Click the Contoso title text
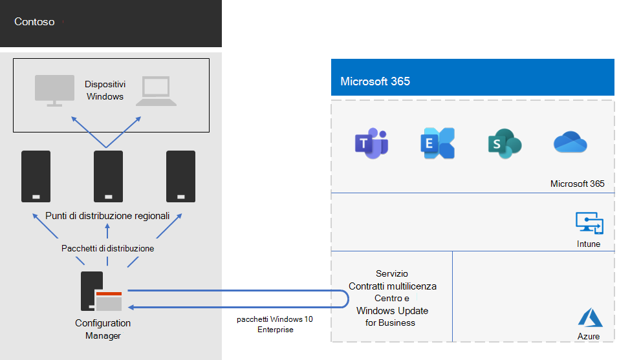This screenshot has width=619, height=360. click(x=34, y=22)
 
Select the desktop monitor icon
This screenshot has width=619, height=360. click(x=54, y=89)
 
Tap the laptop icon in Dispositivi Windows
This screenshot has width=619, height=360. click(x=155, y=90)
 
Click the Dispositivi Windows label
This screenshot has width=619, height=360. click(x=105, y=90)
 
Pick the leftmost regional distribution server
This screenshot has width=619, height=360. click(x=36, y=176)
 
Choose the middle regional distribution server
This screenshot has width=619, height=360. click(x=108, y=176)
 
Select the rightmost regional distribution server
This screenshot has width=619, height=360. click(x=180, y=176)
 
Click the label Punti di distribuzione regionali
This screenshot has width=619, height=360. click(x=107, y=216)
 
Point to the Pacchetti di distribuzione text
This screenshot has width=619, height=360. click(x=107, y=248)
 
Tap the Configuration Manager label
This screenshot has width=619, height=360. click(x=103, y=329)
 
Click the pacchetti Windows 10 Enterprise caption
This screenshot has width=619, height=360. click(x=274, y=324)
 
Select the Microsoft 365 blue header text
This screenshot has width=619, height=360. click(x=375, y=81)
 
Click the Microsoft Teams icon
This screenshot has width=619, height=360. click(x=371, y=143)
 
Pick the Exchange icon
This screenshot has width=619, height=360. click(x=437, y=143)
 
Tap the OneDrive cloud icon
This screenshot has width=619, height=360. click(x=570, y=143)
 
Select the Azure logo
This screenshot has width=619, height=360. click(x=590, y=317)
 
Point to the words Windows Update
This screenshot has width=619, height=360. click(x=392, y=311)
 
